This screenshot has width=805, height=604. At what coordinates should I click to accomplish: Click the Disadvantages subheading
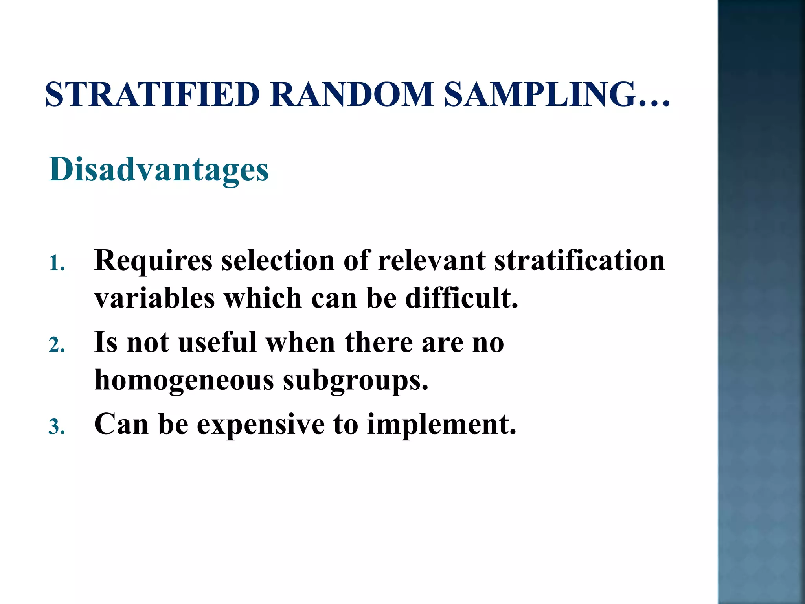tap(159, 170)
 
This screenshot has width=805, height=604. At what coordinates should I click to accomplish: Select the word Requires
tap(153, 261)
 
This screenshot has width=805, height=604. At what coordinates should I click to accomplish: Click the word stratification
tap(579, 260)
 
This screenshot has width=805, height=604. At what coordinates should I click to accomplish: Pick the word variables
tap(154, 298)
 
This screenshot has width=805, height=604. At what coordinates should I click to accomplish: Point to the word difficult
tap(461, 298)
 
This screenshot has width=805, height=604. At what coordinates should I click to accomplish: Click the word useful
tap(217, 342)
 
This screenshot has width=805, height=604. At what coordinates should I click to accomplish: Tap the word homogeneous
tap(184, 381)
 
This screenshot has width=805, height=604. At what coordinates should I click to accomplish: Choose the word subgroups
tap(355, 381)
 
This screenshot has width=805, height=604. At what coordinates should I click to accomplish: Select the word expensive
tap(261, 425)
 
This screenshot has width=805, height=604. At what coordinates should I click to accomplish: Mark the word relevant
tap(431, 260)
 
